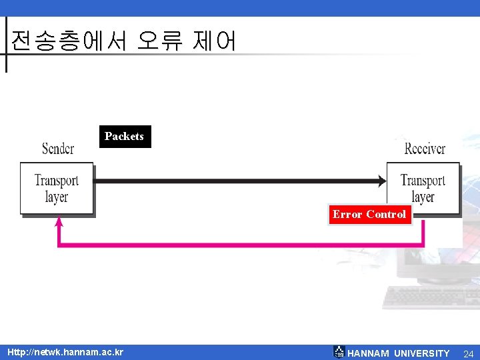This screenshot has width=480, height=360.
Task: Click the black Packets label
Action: click(x=124, y=136)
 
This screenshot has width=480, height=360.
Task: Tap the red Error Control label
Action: click(x=369, y=214)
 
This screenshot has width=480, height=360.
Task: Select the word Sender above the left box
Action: click(x=58, y=148)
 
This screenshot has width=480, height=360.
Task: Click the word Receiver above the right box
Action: click(x=425, y=148)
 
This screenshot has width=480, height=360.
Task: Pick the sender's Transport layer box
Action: click(x=57, y=188)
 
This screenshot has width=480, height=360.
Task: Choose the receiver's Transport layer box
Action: click(x=423, y=188)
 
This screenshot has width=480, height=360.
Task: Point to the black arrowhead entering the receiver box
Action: click(x=382, y=180)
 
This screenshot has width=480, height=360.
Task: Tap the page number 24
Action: click(x=468, y=353)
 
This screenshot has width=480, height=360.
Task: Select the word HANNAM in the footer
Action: click(x=368, y=353)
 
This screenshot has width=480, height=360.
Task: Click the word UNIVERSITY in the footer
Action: click(x=422, y=353)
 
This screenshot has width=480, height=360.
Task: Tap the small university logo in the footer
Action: click(x=339, y=352)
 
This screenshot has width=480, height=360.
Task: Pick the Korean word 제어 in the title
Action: click(x=213, y=41)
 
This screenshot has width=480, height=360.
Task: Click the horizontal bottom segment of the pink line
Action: click(x=240, y=245)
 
